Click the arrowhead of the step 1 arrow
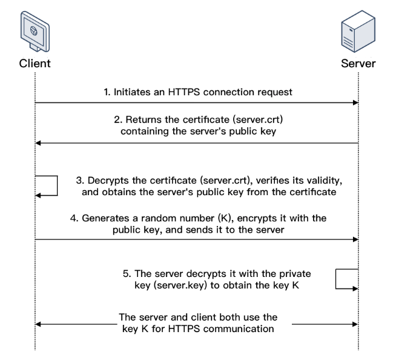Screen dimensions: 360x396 click(356, 103)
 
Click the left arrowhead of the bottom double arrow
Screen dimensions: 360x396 click(38, 325)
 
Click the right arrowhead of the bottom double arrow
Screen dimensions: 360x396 click(356, 325)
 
